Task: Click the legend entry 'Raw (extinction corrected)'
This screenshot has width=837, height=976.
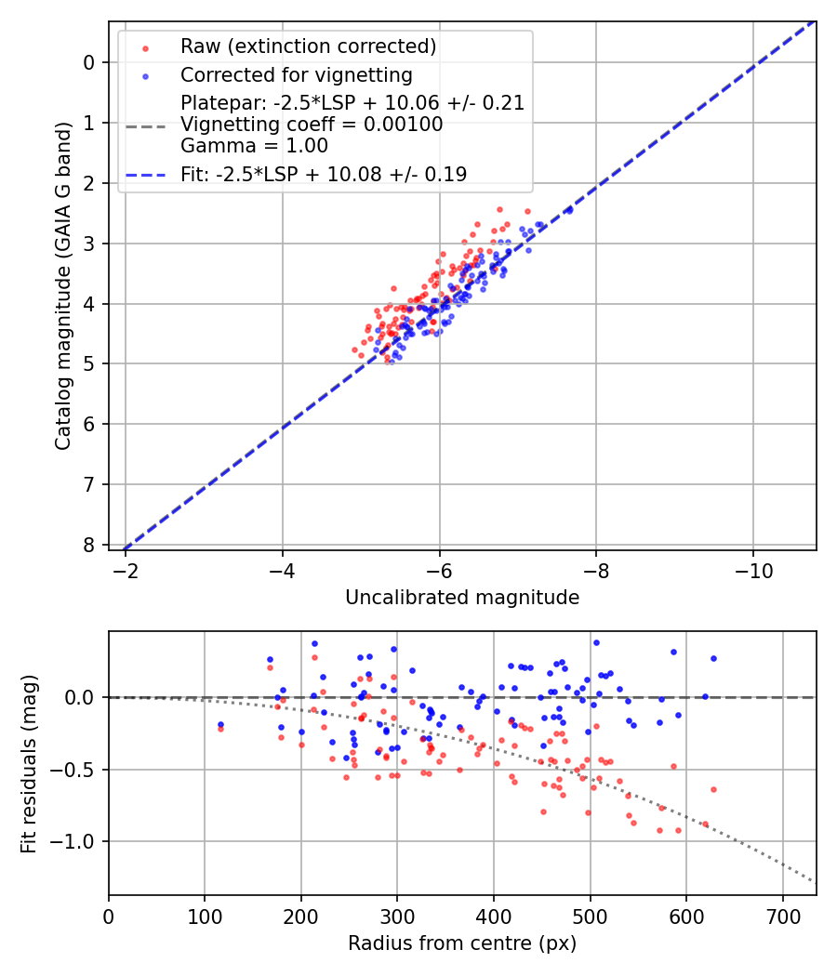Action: pos(308,46)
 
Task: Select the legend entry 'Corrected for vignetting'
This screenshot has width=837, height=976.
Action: pos(296,74)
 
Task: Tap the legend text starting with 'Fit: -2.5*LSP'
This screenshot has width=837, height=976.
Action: pos(324,174)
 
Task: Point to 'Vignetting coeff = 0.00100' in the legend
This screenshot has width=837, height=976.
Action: pos(312,125)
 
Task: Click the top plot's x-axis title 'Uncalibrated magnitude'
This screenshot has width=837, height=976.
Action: pos(462,598)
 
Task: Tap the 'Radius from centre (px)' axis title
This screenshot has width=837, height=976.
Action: pos(462,943)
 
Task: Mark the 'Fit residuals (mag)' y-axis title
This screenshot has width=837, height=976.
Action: pos(29,763)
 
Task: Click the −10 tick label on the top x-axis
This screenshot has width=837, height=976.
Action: pos(753,569)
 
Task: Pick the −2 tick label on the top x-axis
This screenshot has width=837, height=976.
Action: pos(126,569)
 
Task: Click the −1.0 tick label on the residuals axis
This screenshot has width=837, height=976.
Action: pos(78,841)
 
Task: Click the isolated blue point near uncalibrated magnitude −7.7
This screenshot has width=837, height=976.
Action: pos(569,210)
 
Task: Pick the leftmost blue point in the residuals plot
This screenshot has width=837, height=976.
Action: pos(220,724)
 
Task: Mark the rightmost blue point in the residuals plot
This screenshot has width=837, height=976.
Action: pos(713,658)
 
